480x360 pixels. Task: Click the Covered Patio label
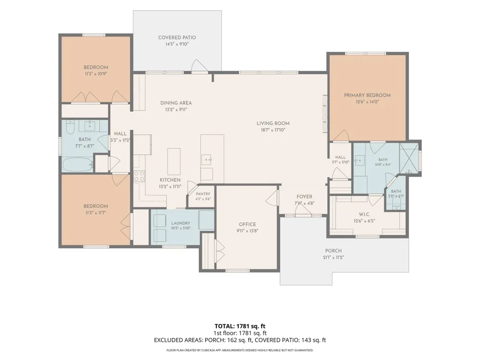177,37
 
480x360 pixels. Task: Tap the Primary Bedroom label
367,95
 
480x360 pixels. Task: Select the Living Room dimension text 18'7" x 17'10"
273,130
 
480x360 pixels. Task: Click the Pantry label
203,194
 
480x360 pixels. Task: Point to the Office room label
247,224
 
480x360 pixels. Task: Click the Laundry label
180,223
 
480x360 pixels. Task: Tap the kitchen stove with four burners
139,176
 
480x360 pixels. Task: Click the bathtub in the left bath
78,165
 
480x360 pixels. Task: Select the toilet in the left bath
70,128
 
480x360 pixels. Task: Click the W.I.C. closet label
364,214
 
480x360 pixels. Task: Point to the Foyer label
304,196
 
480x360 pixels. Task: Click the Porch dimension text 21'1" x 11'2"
334,257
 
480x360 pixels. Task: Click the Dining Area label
176,103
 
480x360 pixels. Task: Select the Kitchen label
170,180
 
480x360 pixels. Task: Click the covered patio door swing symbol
199,66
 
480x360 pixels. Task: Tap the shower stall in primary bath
408,158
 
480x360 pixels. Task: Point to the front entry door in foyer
303,210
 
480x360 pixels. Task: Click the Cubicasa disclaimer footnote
240,350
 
